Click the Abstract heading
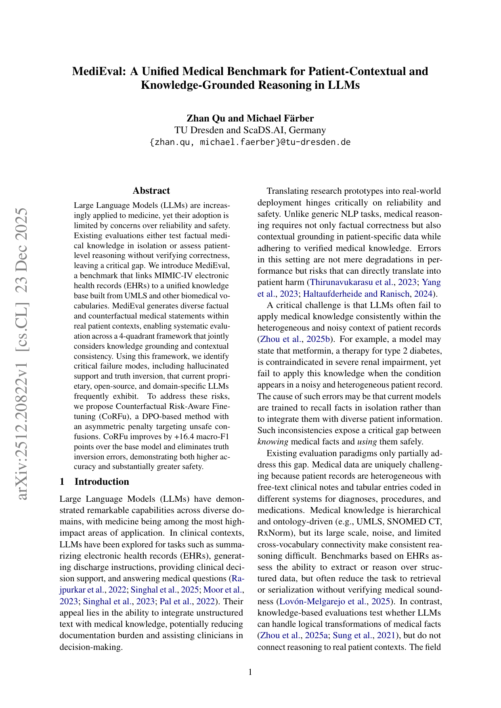click(151, 191)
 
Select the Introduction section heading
click(102, 482)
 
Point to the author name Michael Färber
click(280, 118)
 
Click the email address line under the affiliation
click(250, 142)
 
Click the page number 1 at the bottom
click(250, 672)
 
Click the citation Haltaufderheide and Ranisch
click(356, 293)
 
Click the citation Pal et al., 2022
click(187, 601)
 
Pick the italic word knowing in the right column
click(273, 442)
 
